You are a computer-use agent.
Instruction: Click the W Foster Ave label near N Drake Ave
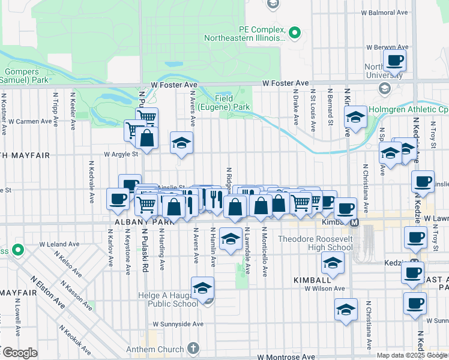coord(285,83)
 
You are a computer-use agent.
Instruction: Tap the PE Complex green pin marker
coord(294,32)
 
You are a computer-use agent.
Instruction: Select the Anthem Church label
coord(155,350)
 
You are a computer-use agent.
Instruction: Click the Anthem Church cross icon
coord(192,348)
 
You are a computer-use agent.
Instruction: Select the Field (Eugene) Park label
coord(232,102)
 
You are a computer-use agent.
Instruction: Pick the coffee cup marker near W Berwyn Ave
coord(394,61)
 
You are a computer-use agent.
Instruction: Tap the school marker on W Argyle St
coord(181,144)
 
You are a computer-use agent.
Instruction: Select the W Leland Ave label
coord(59,244)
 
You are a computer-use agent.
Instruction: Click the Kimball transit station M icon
coord(354,223)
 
